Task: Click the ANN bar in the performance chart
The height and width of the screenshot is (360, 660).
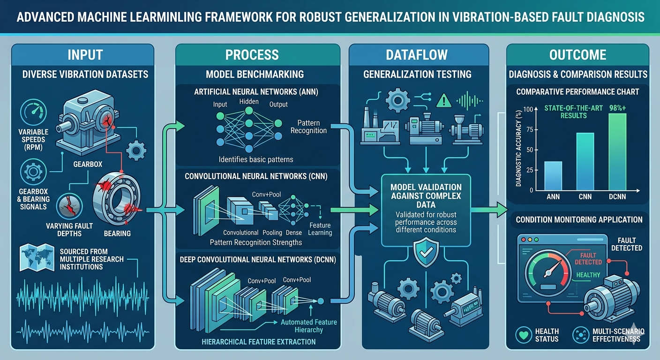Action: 554,176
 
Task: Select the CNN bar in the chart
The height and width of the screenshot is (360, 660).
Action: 585,162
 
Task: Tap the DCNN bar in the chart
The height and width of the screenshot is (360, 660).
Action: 617,152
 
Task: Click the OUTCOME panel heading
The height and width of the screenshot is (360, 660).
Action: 577,55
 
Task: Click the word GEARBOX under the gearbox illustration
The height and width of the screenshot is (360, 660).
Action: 88,165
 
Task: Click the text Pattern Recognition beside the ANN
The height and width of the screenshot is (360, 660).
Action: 308,127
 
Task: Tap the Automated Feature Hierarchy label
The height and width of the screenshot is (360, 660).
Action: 308,326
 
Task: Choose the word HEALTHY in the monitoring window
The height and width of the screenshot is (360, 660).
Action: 588,275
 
